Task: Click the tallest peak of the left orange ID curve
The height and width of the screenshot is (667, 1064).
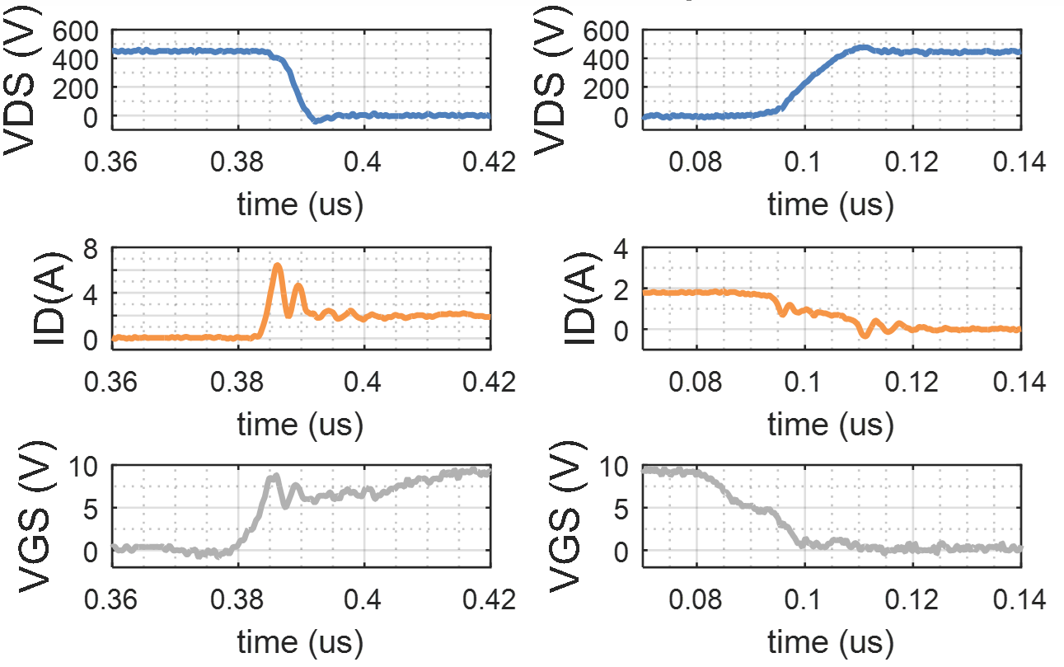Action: (x=278, y=265)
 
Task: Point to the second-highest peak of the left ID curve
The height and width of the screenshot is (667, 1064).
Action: (x=298, y=285)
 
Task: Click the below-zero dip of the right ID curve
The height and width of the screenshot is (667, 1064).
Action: (x=864, y=335)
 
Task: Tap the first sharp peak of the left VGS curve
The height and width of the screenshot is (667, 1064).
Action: (x=275, y=476)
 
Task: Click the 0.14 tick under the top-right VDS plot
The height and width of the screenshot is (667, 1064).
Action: (x=1019, y=163)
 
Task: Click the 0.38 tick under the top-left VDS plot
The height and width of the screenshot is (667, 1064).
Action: (x=238, y=163)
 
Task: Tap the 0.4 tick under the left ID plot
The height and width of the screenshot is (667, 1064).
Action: (x=364, y=382)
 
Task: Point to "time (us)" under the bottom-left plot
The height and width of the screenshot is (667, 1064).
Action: (x=301, y=641)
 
